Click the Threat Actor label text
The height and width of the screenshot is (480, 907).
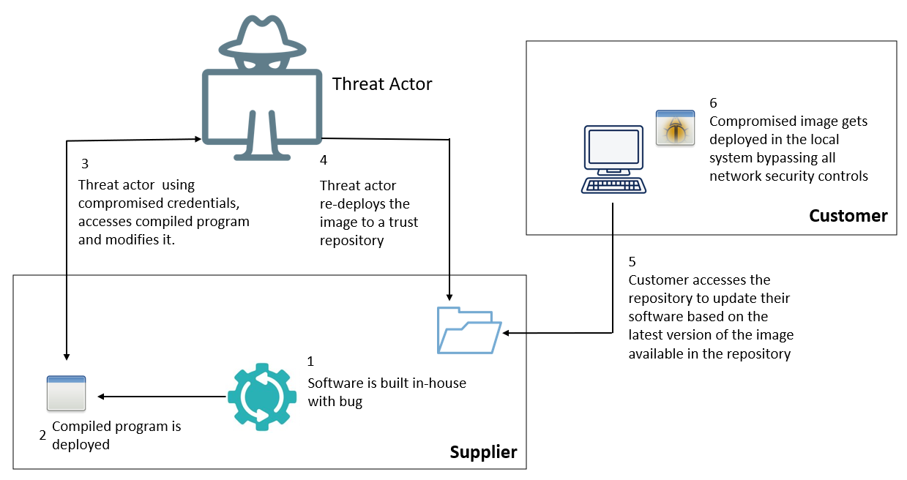click(x=382, y=84)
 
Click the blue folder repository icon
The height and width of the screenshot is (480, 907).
click(x=469, y=330)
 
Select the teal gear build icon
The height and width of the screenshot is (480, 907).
click(x=261, y=397)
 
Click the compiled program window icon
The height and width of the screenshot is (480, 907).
click(x=66, y=393)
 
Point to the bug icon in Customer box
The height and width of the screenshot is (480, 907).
click(x=674, y=128)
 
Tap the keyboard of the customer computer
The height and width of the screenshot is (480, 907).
click(x=613, y=184)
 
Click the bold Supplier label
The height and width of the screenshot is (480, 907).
click(x=483, y=452)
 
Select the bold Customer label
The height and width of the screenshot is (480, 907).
click(x=848, y=216)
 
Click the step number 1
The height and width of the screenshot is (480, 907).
click(x=310, y=361)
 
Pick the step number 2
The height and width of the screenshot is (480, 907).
click(x=42, y=435)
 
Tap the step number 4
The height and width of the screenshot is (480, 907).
click(x=324, y=160)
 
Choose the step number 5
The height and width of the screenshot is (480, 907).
click(x=632, y=261)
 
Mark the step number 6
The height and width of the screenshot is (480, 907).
click(x=714, y=103)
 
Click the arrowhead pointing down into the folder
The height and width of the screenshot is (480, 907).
click(x=449, y=296)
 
